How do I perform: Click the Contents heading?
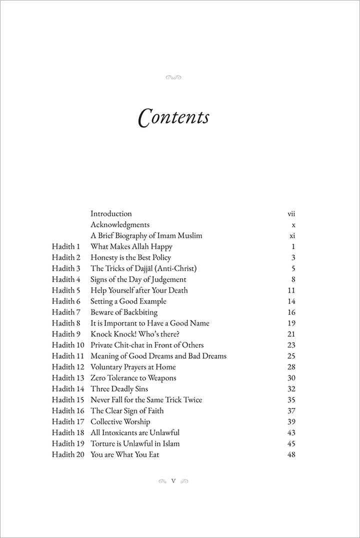coord(173,118)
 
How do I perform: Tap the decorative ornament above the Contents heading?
coord(172,77)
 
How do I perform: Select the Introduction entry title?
coord(111,214)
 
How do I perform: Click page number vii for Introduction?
coord(291,214)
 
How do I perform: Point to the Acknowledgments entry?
coord(120,225)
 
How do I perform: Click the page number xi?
coord(292,236)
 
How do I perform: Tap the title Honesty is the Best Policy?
coord(130,258)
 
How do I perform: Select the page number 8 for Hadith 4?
coord(293,280)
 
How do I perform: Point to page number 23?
coord(291,345)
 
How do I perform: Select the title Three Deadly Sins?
coord(119,389)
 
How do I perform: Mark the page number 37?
coord(291,411)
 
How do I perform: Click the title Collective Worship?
coord(120,422)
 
